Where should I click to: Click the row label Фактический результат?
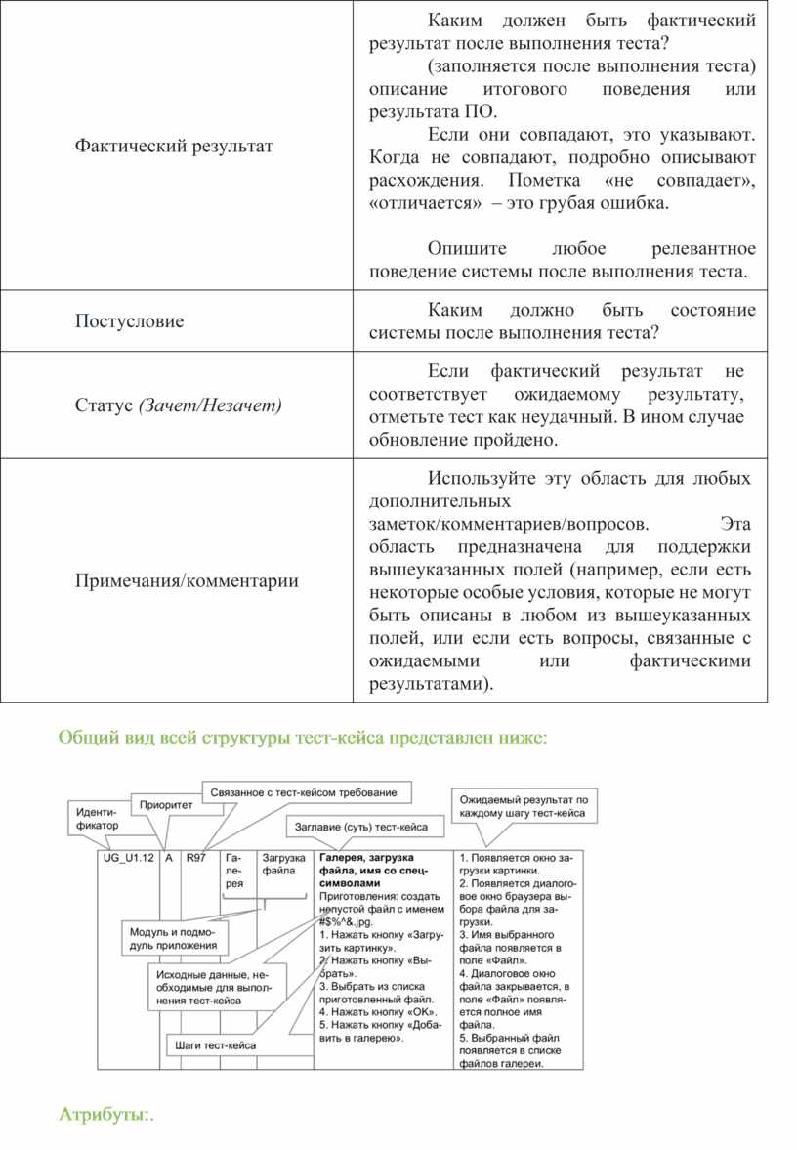pyautogui.click(x=174, y=146)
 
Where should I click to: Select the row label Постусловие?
pyautogui.click(x=129, y=321)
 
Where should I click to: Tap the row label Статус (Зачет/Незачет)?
pyautogui.click(x=178, y=405)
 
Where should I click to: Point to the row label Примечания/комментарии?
pyautogui.click(x=187, y=581)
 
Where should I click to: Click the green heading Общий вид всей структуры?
pyautogui.click(x=304, y=738)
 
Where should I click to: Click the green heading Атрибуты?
pyautogui.click(x=107, y=1114)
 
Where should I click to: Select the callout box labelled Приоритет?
pyautogui.click(x=166, y=805)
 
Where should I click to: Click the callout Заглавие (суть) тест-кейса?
pyautogui.click(x=360, y=827)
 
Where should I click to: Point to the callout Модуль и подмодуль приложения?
pyautogui.click(x=175, y=938)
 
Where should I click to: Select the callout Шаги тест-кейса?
pyautogui.click(x=216, y=1044)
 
